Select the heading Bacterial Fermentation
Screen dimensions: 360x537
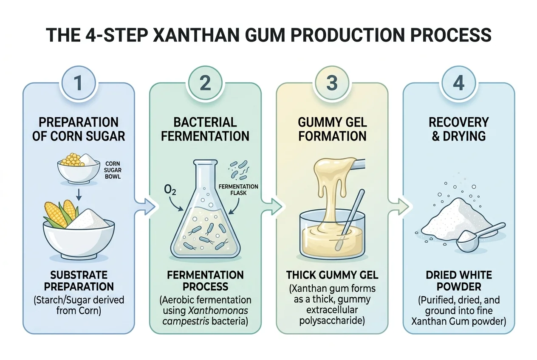205,129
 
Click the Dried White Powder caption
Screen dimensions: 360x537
458,281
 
